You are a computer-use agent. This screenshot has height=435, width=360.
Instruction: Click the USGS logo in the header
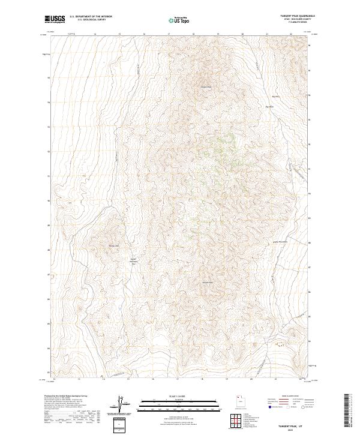[x=55, y=19]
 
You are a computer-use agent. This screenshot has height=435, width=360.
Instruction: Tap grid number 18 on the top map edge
[x=193, y=35]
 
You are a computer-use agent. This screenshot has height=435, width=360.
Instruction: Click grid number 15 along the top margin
[x=119, y=35]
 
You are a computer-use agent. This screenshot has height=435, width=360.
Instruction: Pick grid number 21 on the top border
[x=266, y=35]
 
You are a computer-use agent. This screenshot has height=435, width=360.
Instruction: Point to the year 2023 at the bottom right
[x=294, y=428]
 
